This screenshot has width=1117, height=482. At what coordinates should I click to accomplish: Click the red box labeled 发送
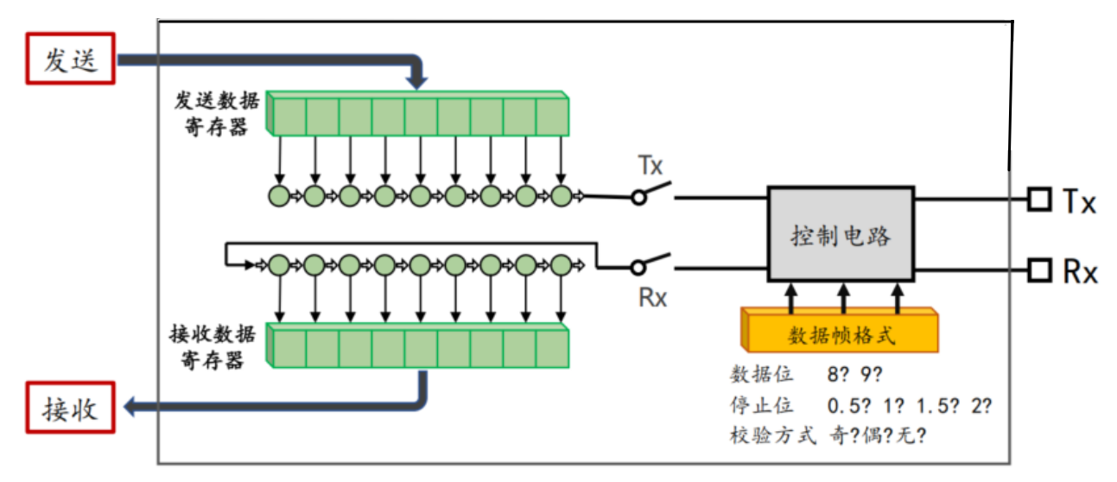pos(70,59)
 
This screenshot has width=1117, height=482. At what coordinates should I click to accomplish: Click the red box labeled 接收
pos(70,408)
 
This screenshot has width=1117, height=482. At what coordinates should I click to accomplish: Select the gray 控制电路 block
pos(841,234)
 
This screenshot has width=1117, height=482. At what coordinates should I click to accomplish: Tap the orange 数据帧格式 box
pos(840,331)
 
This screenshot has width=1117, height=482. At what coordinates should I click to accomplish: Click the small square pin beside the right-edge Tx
pos(1040,200)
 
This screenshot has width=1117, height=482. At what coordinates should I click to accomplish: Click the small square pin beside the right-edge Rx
pos(1040,270)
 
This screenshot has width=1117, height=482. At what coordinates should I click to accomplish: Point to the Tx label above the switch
pos(651,165)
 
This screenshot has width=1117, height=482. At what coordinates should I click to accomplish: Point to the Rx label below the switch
pos(652,297)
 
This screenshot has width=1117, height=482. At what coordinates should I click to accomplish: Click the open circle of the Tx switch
pos(638,198)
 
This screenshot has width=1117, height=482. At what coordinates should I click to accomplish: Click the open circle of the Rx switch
pos(638,268)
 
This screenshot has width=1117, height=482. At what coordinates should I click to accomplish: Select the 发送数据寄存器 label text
pos(217,114)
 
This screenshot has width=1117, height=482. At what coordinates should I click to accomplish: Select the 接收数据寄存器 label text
pos(213,346)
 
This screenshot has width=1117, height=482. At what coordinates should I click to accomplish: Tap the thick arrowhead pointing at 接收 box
pos(130,407)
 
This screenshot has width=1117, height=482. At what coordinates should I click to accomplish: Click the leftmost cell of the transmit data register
pos(289,117)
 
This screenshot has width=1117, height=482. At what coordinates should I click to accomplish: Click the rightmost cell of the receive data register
pos(553,349)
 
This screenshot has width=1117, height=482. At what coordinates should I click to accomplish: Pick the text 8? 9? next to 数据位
pos(854,374)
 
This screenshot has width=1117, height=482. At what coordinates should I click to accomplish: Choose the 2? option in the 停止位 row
pos(981,406)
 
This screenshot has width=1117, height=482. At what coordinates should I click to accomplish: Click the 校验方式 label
pos(773,435)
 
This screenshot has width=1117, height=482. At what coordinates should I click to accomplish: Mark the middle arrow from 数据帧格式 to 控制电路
pos(843,298)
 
